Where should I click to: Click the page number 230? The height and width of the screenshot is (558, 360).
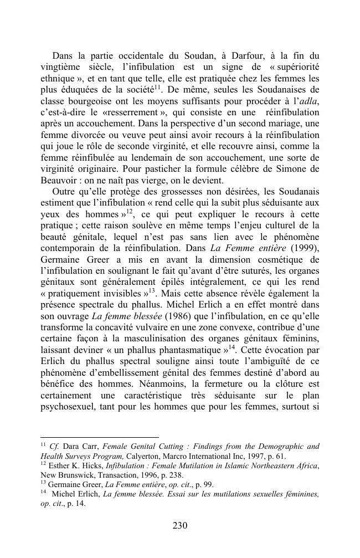pos(180,525)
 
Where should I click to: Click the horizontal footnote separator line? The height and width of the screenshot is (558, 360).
pos(100,437)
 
